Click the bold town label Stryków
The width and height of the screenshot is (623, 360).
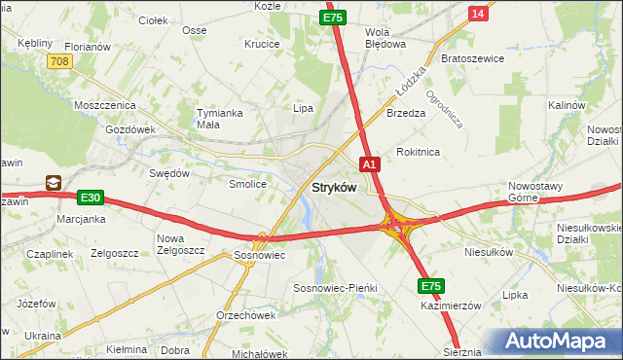coord(333,187)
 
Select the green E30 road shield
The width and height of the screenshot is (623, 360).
coord(91,198)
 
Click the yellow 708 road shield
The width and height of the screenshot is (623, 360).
coord(58,61)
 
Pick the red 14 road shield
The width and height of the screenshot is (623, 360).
coord(477,12)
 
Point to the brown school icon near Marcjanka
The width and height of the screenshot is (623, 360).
coord(53,181)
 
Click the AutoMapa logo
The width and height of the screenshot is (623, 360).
coord(560,341)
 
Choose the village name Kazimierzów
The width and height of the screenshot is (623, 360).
coord(451,306)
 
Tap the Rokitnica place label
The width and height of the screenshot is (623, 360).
coord(419,153)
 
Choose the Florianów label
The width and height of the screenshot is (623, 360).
coord(88,46)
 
